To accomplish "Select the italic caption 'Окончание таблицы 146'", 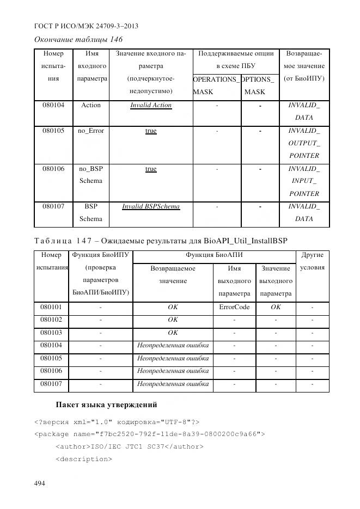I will pos(78,40).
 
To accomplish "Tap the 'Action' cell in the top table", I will pos(91,105).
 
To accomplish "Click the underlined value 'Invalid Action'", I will pos(151,105).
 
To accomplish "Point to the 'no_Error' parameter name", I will pos(91,131).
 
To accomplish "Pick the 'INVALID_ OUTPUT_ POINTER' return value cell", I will pos(304,143).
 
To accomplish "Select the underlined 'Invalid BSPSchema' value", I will pos(151,207).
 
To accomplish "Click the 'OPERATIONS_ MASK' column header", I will pos(216,85).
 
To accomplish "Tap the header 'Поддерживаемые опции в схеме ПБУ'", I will pos(235,60).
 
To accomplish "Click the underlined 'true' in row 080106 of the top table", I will pos(151,169).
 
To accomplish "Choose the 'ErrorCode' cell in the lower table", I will pos(234,307).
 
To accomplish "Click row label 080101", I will pos(51,307).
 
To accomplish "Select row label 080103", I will pos(51,333).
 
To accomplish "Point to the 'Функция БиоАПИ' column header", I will pos(214,255).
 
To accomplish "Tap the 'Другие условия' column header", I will pos(312,261).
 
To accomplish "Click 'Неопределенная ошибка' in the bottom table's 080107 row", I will pos(173,384).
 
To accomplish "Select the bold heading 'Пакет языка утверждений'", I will pos(106,405).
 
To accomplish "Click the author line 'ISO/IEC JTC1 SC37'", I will pos(130,446).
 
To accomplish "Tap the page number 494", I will pos(40,483).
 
